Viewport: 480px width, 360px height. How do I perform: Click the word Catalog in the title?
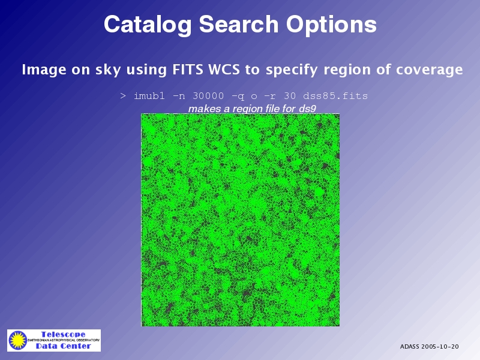(x=148, y=25)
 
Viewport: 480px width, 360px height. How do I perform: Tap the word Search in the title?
(x=239, y=24)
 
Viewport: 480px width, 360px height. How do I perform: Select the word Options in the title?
(x=331, y=25)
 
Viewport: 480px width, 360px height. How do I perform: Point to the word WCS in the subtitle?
(x=224, y=70)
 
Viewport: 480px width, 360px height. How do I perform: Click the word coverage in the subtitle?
(x=429, y=70)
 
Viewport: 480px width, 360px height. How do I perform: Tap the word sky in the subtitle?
(x=108, y=70)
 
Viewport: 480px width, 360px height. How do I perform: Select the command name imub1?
(x=149, y=96)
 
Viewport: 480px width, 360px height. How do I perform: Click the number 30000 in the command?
(x=208, y=96)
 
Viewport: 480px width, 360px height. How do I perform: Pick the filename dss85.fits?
(x=335, y=96)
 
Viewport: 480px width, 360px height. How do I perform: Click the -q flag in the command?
(x=238, y=97)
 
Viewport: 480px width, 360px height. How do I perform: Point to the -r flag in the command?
(x=269, y=97)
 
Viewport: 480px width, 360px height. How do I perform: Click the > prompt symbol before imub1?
(x=123, y=96)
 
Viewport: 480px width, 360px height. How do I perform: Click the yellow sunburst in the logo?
(x=18, y=340)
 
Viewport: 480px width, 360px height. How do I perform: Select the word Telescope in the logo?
(x=64, y=334)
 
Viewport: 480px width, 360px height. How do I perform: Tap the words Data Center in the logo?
(x=64, y=346)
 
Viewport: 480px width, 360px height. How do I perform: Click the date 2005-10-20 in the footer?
(x=440, y=347)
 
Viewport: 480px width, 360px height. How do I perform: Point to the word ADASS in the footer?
(x=410, y=347)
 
